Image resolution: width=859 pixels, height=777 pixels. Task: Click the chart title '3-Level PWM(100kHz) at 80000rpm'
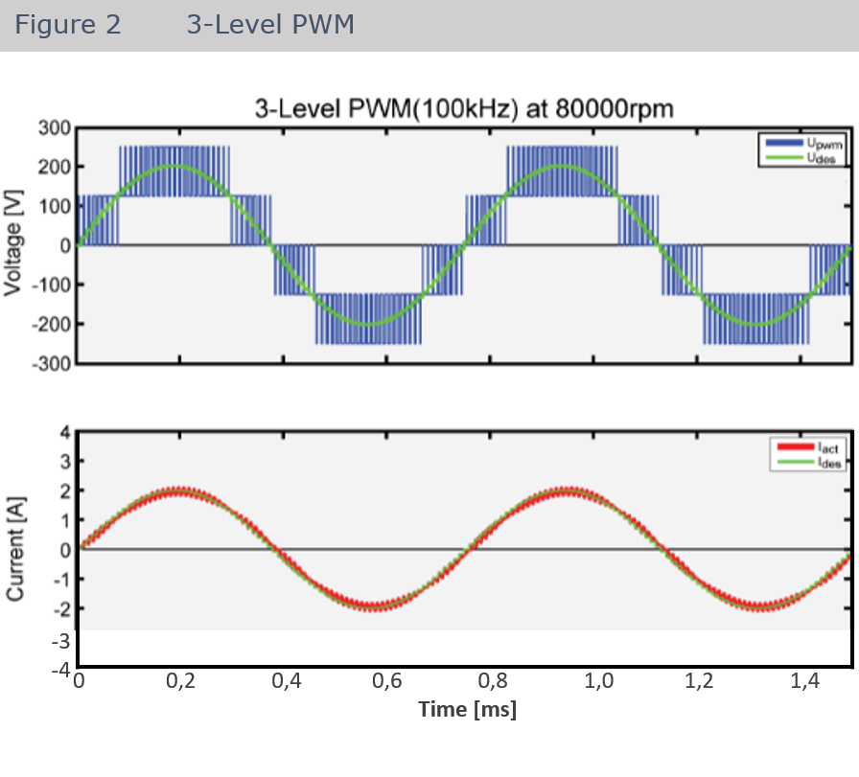point(463,108)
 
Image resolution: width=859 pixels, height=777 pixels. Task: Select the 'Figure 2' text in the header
point(68,25)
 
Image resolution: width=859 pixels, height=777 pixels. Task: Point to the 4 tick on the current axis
point(64,432)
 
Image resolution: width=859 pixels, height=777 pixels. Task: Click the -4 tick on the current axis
point(61,668)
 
